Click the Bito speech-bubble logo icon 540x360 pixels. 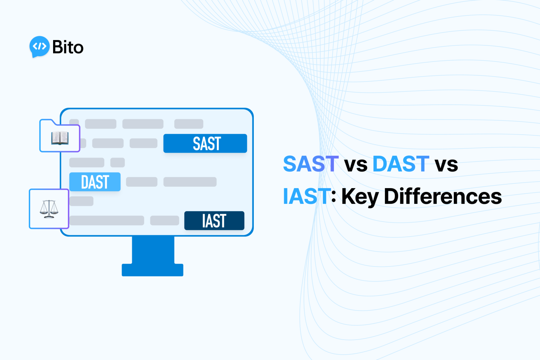pyautogui.click(x=39, y=46)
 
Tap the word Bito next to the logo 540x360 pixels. pyautogui.click(x=68, y=47)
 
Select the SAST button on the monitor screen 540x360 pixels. pyautogui.click(x=205, y=143)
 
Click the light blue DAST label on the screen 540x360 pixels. pyautogui.click(x=95, y=182)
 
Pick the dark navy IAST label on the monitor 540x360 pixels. pyautogui.click(x=214, y=221)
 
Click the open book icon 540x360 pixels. pyautogui.click(x=60, y=138)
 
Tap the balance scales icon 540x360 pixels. pyautogui.click(x=49, y=209)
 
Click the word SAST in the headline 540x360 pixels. pyautogui.click(x=311, y=164)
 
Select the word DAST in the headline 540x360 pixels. pyautogui.click(x=401, y=164)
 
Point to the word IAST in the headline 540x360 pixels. pyautogui.click(x=307, y=196)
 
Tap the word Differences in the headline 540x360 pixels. pyautogui.click(x=443, y=196)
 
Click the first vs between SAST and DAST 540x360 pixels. pyautogui.click(x=356, y=165)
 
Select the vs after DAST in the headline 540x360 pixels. pyautogui.click(x=446, y=165)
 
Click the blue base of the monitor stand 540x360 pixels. pyautogui.click(x=153, y=270)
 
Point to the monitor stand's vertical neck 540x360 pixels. pyautogui.click(x=153, y=250)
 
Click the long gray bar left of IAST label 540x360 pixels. pyautogui.click(x=107, y=220)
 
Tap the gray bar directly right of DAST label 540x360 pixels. pyautogui.click(x=142, y=182)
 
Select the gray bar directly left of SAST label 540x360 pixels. pyautogui.click(x=143, y=143)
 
